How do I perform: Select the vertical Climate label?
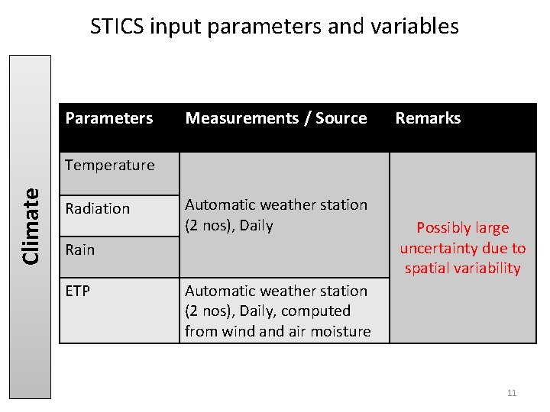(x=31, y=226)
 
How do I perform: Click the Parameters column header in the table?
(x=109, y=118)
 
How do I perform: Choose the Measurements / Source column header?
(x=276, y=118)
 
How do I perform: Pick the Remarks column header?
(x=428, y=118)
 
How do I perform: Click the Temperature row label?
(x=110, y=165)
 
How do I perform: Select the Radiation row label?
(x=98, y=208)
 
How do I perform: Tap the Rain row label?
(x=80, y=249)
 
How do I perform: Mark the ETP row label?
(x=78, y=291)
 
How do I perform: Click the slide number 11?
(x=512, y=393)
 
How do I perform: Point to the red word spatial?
(x=425, y=268)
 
